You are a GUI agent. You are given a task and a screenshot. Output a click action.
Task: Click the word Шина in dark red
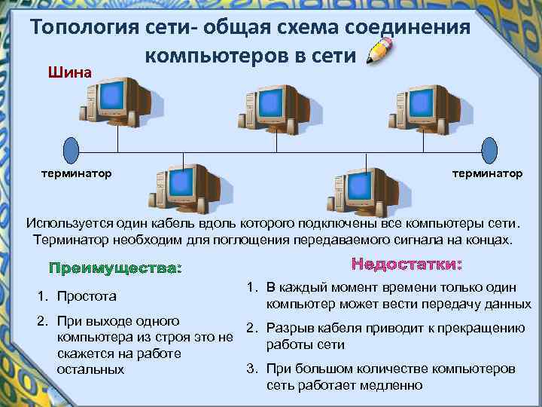69,73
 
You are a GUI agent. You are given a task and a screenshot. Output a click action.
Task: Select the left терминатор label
76,173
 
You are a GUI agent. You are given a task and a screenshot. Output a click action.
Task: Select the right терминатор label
486,173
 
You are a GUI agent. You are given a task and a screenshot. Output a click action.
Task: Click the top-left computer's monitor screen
114,96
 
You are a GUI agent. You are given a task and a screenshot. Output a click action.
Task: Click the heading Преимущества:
115,268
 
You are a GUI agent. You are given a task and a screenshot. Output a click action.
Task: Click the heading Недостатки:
406,265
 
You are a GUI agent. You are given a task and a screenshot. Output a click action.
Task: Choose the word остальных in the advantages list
90,369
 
